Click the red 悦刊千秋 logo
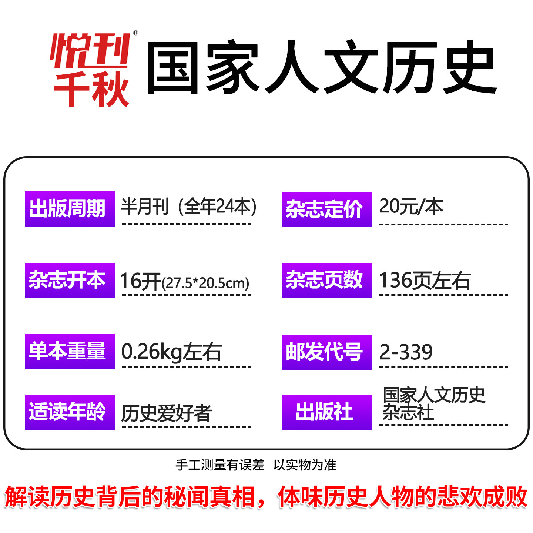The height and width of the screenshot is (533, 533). click(91, 70)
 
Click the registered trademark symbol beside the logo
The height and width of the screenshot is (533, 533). click(135, 33)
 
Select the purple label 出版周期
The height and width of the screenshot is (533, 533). click(70, 209)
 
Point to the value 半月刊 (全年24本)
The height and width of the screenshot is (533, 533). click(189, 207)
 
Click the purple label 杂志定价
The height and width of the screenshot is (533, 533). click(326, 209)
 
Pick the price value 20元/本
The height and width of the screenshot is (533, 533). click(411, 207)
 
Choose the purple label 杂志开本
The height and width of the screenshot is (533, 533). click(70, 280)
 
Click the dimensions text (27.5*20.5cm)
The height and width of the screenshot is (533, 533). click(205, 284)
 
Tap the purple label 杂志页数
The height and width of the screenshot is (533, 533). click(326, 280)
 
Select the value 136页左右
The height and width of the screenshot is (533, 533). click(425, 280)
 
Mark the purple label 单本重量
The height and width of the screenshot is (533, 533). click(70, 351)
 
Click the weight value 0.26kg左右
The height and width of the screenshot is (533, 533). click(171, 352)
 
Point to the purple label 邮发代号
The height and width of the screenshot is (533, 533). click(326, 352)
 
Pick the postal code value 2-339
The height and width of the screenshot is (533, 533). click(406, 352)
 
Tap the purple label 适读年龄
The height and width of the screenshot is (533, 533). click(70, 412)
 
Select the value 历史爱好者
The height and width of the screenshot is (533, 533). click(167, 413)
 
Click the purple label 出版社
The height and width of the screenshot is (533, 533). click(326, 412)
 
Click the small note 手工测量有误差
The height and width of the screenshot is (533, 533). click(220, 465)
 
